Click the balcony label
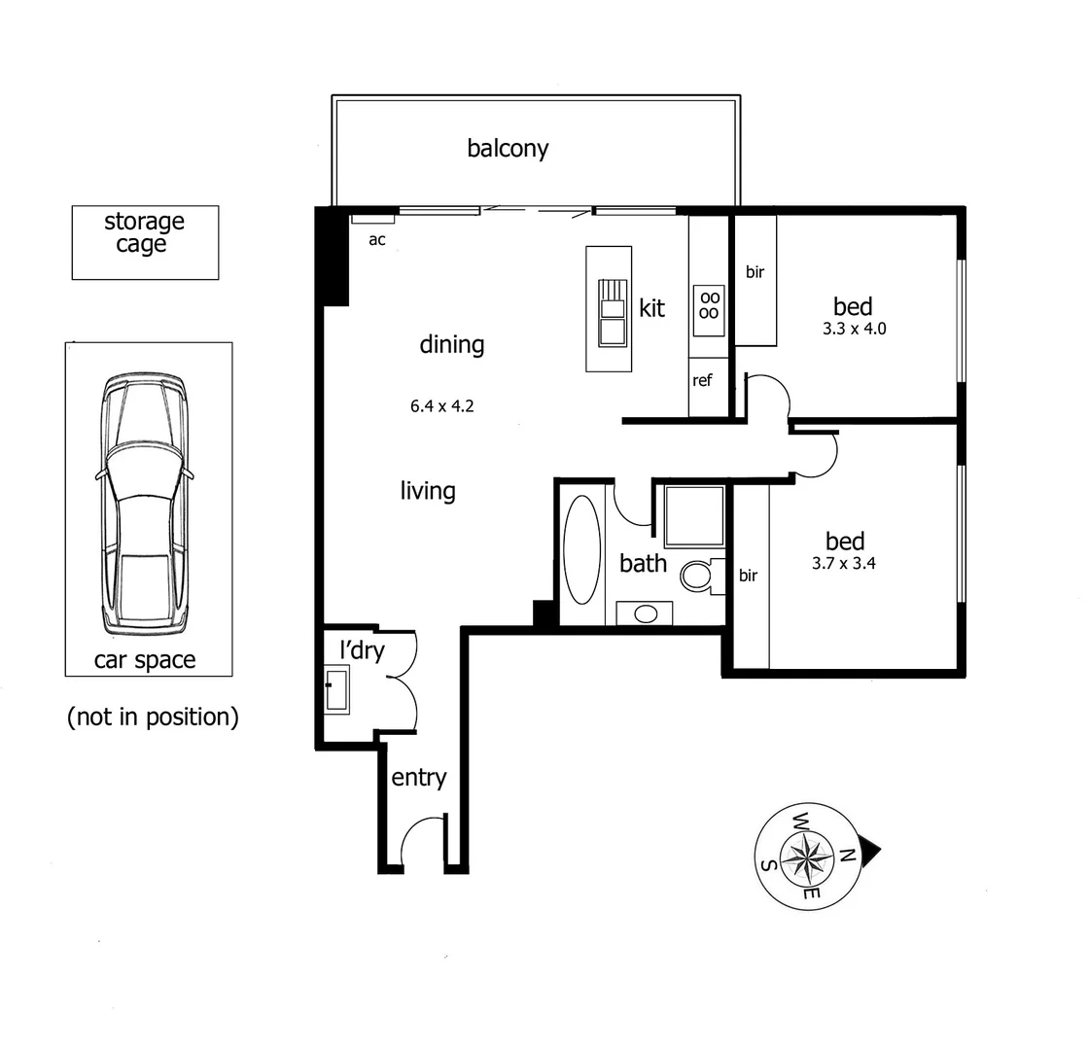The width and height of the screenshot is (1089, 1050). [508, 149]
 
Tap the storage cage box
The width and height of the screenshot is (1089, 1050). [145, 242]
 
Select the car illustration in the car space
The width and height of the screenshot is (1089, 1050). [145, 502]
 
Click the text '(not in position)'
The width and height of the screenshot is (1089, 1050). [153, 717]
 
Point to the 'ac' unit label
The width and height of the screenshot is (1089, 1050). [377, 239]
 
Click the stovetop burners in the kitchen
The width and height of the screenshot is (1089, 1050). [710, 304]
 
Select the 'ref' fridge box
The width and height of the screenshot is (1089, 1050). [702, 381]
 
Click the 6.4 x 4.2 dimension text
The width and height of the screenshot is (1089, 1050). [441, 406]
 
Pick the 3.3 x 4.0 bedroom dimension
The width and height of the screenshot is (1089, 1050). [854, 329]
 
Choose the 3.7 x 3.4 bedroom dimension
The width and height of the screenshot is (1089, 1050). [844, 563]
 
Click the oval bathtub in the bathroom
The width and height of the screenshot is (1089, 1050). [582, 551]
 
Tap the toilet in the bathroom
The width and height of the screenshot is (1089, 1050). [697, 576]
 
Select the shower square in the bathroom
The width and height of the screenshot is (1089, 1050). [694, 516]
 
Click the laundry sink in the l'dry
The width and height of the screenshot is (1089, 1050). [336, 691]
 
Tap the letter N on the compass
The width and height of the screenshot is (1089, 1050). [847, 856]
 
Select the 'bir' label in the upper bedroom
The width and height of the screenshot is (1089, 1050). [755, 272]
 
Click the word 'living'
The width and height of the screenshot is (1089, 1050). [428, 491]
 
